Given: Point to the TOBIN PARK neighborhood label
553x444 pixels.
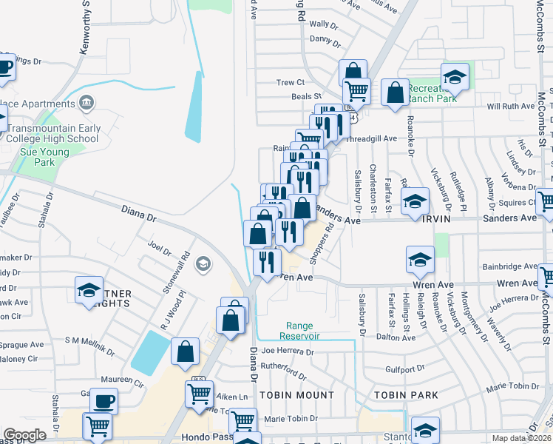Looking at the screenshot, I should point(406,395).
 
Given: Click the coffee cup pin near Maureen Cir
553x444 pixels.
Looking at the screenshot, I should point(104,402).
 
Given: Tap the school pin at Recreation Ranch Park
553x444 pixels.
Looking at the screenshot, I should point(455,77).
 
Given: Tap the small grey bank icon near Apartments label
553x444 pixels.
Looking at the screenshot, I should point(87,101).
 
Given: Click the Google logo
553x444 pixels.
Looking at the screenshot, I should point(25,435).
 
